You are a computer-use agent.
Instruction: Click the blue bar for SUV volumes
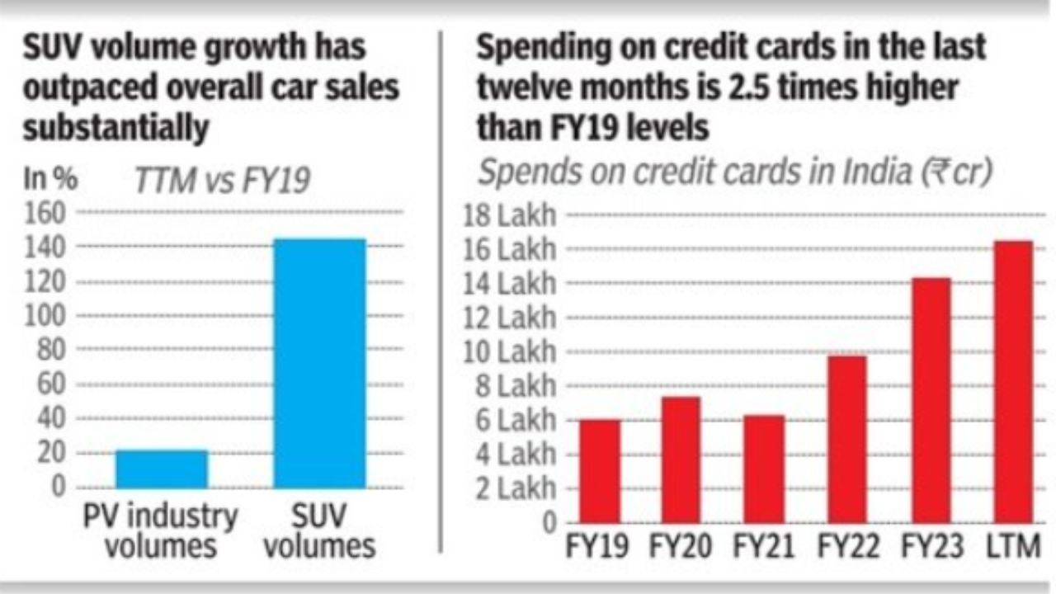[x=319, y=363]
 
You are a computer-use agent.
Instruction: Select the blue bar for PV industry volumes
[x=162, y=469]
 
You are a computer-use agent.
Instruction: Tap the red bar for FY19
[x=600, y=471]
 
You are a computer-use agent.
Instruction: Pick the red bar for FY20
[x=681, y=460]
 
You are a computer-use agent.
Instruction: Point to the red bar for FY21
[x=764, y=469]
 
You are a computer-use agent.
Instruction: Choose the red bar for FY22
[x=847, y=440]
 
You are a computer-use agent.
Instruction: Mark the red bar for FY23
[x=931, y=400]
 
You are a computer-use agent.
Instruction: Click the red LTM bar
[x=1014, y=382]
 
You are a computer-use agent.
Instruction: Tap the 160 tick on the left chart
[x=45, y=213]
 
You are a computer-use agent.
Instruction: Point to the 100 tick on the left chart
[x=45, y=315]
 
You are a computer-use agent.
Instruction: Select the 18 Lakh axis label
[x=510, y=215]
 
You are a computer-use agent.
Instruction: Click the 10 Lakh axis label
[x=510, y=352]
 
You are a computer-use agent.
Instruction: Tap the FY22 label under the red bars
[x=848, y=546]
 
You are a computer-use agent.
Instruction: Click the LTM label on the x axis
[x=1013, y=546]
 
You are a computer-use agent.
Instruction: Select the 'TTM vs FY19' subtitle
[x=223, y=180]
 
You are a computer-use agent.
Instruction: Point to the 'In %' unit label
[x=50, y=179]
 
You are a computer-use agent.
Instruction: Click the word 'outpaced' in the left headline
[x=90, y=87]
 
